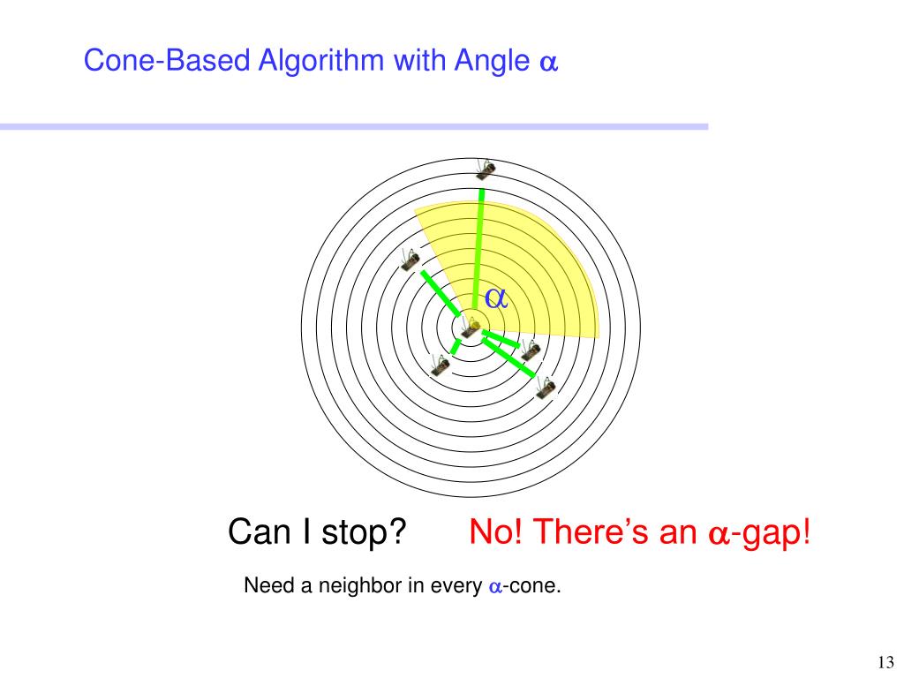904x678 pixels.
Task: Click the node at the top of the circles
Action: point(485,167)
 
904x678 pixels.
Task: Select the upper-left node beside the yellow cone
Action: point(410,260)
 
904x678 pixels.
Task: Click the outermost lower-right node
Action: point(545,386)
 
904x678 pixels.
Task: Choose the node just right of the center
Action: point(530,350)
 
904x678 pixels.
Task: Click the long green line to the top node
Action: point(479,247)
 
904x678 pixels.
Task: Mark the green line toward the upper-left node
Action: point(440,293)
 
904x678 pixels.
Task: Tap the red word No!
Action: point(494,532)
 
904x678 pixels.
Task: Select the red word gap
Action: point(774,534)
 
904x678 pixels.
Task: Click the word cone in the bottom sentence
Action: point(535,586)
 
